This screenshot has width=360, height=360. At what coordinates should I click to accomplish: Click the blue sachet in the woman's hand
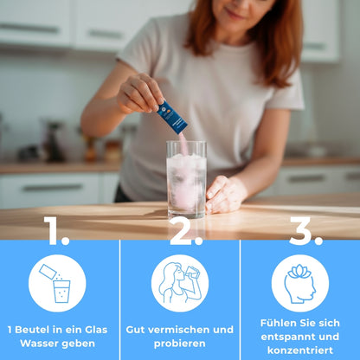pyautogui.click(x=172, y=118)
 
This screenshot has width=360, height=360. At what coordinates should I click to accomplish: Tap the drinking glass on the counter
pyautogui.click(x=186, y=179)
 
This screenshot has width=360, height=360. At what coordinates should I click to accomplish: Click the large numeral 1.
pyautogui.click(x=55, y=231)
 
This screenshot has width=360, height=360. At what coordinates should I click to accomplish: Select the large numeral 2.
pyautogui.click(x=185, y=231)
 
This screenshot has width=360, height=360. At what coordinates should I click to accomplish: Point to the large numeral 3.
pyautogui.click(x=305, y=231)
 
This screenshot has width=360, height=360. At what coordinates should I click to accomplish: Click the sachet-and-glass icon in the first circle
pyautogui.click(x=55, y=283)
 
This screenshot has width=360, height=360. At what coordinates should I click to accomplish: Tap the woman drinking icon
pyautogui.click(x=180, y=283)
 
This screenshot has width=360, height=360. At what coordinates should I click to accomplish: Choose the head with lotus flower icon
pyautogui.click(x=300, y=284)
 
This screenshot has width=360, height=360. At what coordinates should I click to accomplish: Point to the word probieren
pyautogui.click(x=180, y=344)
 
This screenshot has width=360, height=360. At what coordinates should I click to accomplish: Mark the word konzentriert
pyautogui.click(x=300, y=350)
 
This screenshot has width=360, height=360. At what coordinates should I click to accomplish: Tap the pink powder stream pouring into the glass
pyautogui.click(x=183, y=145)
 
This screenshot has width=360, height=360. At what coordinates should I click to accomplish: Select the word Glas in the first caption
pyautogui.click(x=96, y=330)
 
